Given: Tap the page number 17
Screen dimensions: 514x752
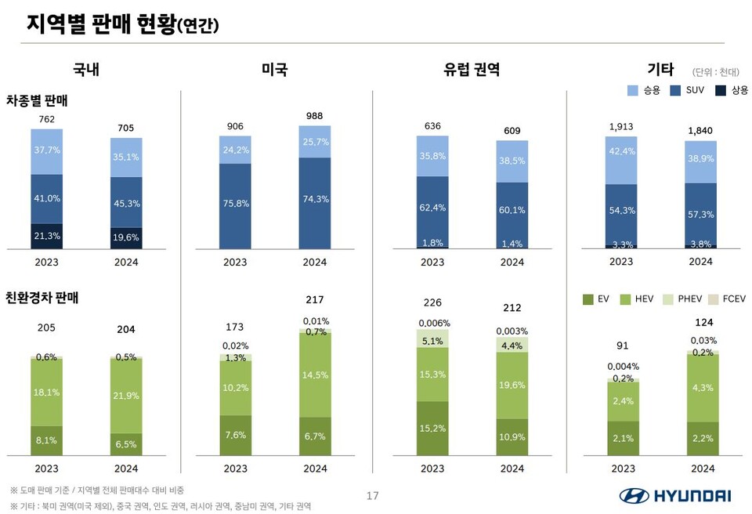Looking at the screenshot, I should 373,495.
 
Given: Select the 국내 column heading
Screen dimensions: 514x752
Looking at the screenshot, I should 86,70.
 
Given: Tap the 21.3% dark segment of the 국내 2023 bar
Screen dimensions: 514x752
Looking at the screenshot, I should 47,236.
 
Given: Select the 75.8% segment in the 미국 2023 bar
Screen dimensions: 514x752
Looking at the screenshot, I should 235,205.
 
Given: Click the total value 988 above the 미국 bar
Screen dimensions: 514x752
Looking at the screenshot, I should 314,116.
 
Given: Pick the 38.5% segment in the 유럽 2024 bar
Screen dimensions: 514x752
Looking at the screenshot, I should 512,161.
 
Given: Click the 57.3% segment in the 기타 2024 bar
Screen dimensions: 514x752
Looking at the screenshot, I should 700,214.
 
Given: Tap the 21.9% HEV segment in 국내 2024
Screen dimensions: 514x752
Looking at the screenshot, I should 126,396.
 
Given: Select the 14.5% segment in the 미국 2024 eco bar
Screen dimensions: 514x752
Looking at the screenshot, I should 314,375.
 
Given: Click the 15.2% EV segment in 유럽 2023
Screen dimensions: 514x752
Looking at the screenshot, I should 432,428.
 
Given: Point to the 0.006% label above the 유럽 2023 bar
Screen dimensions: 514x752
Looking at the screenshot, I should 432,323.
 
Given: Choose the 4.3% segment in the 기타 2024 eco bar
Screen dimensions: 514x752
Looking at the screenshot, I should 703,387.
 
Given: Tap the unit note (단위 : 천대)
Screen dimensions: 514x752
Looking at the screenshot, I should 716,72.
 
